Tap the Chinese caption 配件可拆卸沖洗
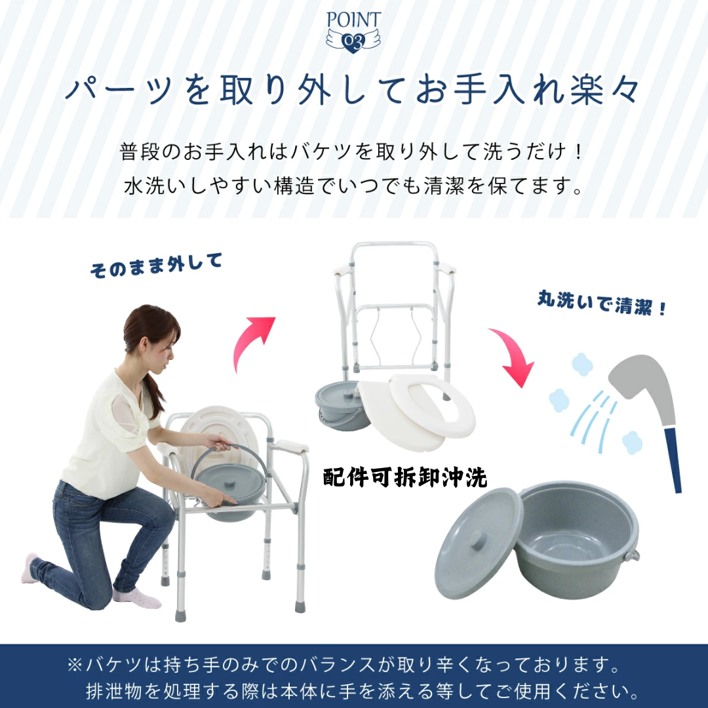click(x=405, y=477)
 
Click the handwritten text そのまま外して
click(x=156, y=265)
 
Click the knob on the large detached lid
click(x=478, y=540)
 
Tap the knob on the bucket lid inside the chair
click(x=230, y=484)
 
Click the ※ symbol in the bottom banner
click(x=75, y=665)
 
